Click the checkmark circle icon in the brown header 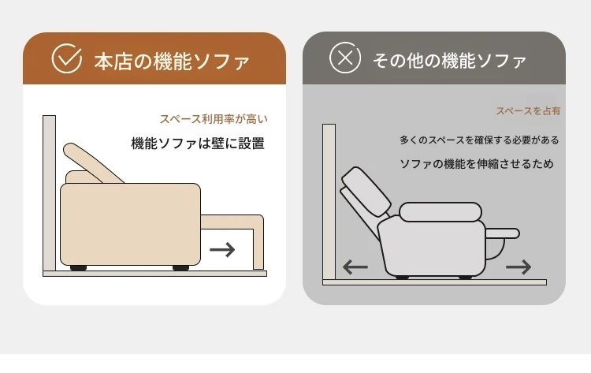pyautogui.click(x=66, y=58)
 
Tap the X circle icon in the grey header pyautogui.click(x=345, y=58)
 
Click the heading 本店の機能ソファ pyautogui.click(x=172, y=62)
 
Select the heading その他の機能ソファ pyautogui.click(x=449, y=61)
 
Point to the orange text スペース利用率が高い pyautogui.click(x=214, y=119)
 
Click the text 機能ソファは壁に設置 pyautogui.click(x=198, y=144)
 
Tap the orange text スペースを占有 pyautogui.click(x=528, y=111)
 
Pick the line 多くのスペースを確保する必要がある pyautogui.click(x=479, y=140)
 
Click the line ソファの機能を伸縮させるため pyautogui.click(x=477, y=164)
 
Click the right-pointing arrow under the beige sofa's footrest pyautogui.click(x=222, y=250)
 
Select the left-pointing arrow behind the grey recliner pyautogui.click(x=355, y=267)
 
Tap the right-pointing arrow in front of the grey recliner pyautogui.click(x=519, y=267)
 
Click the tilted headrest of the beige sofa pyautogui.click(x=92, y=162)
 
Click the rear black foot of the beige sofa pyautogui.click(x=78, y=268)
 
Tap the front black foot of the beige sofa pyautogui.click(x=181, y=268)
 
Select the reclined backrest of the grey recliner pyautogui.click(x=366, y=192)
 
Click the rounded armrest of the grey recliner pyautogui.click(x=440, y=212)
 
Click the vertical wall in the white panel pyautogui.click(x=50, y=193)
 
